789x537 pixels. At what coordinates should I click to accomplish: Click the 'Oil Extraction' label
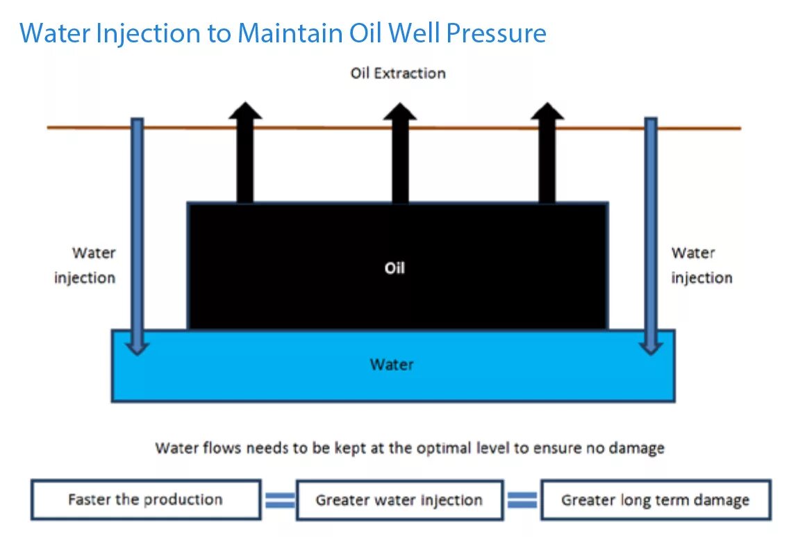click(x=397, y=73)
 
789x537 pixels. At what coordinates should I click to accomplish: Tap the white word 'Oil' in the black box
click(x=394, y=267)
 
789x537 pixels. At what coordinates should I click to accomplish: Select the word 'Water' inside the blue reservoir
click(x=392, y=364)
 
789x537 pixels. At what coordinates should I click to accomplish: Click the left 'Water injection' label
click(x=86, y=265)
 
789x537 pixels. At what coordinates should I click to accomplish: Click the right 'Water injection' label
click(x=701, y=265)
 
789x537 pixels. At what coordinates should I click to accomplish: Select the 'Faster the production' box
click(x=146, y=499)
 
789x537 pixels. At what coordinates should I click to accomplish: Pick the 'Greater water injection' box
click(x=399, y=500)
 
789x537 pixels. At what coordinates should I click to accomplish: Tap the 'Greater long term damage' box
click(x=656, y=500)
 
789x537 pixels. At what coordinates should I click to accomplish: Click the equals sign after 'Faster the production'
click(x=279, y=500)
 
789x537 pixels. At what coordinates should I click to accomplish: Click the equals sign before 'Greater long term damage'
click(x=522, y=500)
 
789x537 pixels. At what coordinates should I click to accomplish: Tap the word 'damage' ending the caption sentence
click(x=636, y=448)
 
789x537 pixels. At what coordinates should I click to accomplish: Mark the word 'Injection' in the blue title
click(x=139, y=33)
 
